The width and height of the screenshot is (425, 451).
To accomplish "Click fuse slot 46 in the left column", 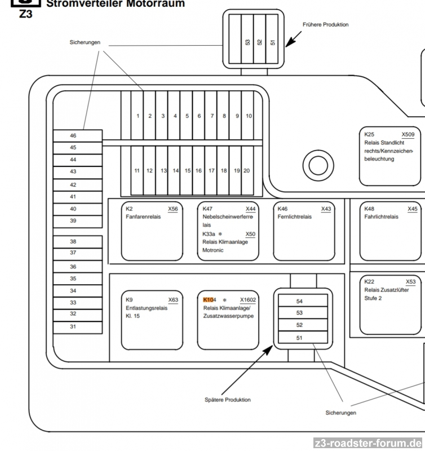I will (78, 136).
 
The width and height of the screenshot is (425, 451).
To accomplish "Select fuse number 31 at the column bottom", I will (78, 327).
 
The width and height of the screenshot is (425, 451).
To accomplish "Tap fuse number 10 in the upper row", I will (249, 116).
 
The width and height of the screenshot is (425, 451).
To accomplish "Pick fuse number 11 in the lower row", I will (137, 170).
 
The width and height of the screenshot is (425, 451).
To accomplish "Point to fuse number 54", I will (300, 301).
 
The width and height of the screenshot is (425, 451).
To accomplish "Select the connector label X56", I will (173, 209).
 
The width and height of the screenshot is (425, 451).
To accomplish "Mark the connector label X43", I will (326, 209).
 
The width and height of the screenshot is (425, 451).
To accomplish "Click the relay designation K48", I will (370, 209).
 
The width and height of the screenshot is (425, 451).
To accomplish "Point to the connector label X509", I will (408, 135).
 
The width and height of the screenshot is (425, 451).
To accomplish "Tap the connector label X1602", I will (247, 300).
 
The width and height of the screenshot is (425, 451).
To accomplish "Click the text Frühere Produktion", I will (325, 25).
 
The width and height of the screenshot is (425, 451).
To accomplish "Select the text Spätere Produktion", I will (228, 400).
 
